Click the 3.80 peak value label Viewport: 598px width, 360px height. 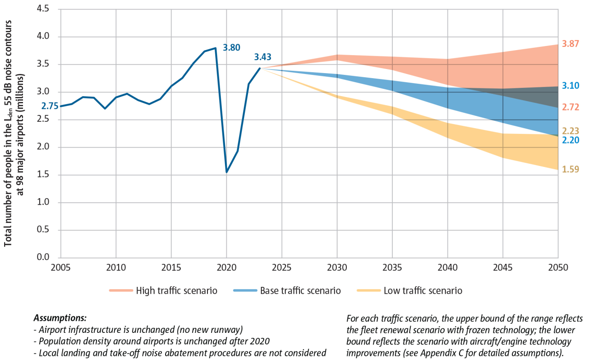tap(231, 47)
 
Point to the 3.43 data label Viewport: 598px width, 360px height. tap(263, 57)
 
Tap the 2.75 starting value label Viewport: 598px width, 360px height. tap(50, 106)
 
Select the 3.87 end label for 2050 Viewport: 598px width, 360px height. tap(570, 44)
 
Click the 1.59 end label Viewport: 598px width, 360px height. tap(570, 169)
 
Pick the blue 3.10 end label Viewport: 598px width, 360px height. tap(570, 86)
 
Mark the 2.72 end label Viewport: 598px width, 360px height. tap(570, 107)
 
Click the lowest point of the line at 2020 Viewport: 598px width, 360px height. tap(226, 172)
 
